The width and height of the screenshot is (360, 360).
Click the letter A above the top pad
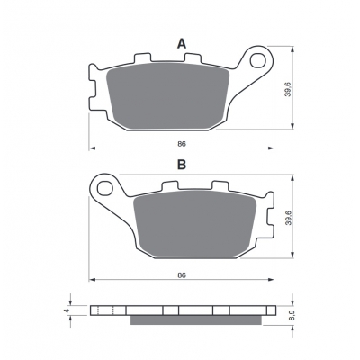click(182, 44)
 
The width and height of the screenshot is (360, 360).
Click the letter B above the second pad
click(182, 165)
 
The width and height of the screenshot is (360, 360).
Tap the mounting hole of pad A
click(258, 60)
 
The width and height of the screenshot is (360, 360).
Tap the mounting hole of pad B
click(105, 189)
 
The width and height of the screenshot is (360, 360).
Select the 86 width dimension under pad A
click(182, 144)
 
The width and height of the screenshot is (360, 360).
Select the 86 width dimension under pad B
click(182, 275)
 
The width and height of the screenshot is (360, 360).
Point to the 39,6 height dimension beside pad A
click(288, 88)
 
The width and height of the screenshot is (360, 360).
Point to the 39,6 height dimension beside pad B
click(288, 219)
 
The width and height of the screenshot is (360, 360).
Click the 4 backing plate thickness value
click(67, 310)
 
